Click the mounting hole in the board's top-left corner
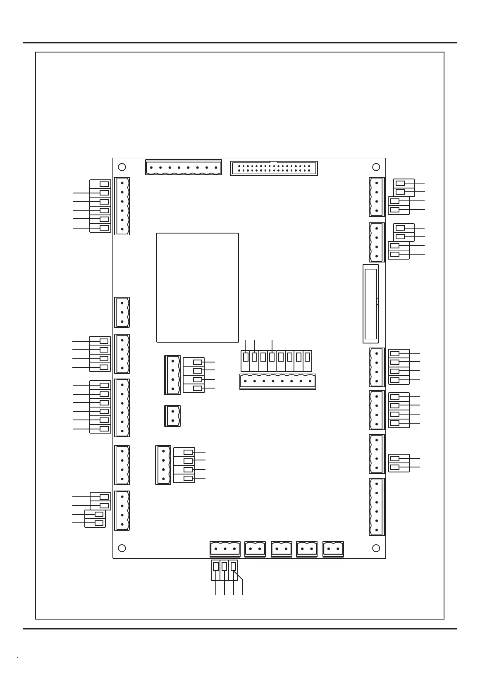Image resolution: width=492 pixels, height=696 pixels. pos(122,167)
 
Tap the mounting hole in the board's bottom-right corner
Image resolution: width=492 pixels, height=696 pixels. pos(376,548)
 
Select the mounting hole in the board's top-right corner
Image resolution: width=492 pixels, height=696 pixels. pos(376,167)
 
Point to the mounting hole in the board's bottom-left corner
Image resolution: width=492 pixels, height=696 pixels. pos(122,548)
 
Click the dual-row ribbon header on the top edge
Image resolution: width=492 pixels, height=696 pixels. pos(274,168)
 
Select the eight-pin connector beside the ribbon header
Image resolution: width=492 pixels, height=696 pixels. pos(184,167)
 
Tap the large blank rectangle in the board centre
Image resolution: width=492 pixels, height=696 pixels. pos(198,288)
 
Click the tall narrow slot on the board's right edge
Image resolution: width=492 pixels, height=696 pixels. pos(370,304)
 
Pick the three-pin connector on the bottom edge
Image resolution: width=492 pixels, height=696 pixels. pos(225,549)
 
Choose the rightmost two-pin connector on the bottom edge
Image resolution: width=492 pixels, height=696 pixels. pos(333,549)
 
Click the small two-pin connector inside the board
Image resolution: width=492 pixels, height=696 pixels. pos(172,416)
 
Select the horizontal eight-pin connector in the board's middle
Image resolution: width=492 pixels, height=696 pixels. pos(278,381)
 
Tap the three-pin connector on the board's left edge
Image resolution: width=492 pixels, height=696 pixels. pos(122,312)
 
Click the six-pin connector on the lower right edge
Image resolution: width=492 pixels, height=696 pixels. pos(377,507)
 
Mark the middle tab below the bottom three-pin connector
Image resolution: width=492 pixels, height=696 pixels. pos(224,566)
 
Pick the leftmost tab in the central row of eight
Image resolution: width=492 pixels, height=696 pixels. pos(246,357)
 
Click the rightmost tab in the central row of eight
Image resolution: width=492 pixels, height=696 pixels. pos(307,357)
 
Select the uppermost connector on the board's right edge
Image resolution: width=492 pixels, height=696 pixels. pos(377,197)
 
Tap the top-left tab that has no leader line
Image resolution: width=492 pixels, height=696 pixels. pos(105,184)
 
